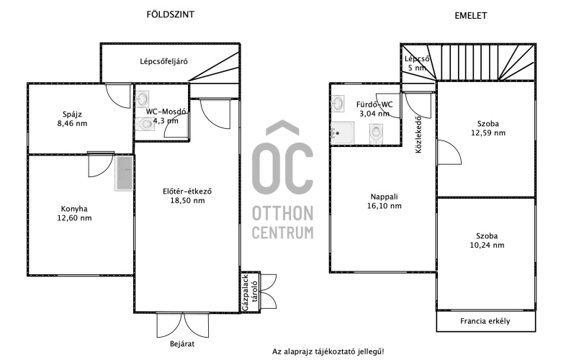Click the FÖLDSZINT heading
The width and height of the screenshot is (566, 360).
pyautogui.click(x=171, y=14)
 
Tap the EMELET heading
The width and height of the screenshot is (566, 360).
pyautogui.click(x=471, y=16)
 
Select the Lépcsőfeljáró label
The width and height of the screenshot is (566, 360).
pyautogui.click(x=164, y=61)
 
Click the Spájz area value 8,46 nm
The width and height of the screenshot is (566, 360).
pyautogui.click(x=72, y=124)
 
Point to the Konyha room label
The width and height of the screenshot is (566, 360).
pyautogui.click(x=74, y=209)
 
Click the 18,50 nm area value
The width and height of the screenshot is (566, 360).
pyautogui.click(x=187, y=200)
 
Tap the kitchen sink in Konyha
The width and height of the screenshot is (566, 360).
pyautogui.click(x=125, y=174)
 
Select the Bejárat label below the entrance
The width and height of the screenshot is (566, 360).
pyautogui.click(x=182, y=343)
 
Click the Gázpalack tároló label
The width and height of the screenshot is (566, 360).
pyautogui.click(x=250, y=292)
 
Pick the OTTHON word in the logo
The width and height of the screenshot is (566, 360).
pyautogui.click(x=282, y=214)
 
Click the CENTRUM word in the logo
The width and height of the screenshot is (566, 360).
pyautogui.click(x=282, y=232)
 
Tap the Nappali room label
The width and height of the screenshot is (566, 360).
pyautogui.click(x=384, y=197)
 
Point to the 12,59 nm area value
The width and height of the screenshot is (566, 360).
pyautogui.click(x=488, y=133)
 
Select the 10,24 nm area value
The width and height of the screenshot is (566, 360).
pyautogui.click(x=487, y=246)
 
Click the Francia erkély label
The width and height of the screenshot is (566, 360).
pyautogui.click(x=485, y=321)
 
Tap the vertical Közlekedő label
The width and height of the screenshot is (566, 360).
pyautogui.click(x=418, y=134)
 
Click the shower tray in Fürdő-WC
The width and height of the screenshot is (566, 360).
pyautogui.click(x=342, y=133)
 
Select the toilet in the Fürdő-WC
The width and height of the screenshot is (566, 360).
pyautogui.click(x=376, y=134)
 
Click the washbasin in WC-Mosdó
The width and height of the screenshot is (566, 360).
pyautogui.click(x=142, y=98)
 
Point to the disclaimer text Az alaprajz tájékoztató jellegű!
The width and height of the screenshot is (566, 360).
pyautogui.click(x=328, y=351)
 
